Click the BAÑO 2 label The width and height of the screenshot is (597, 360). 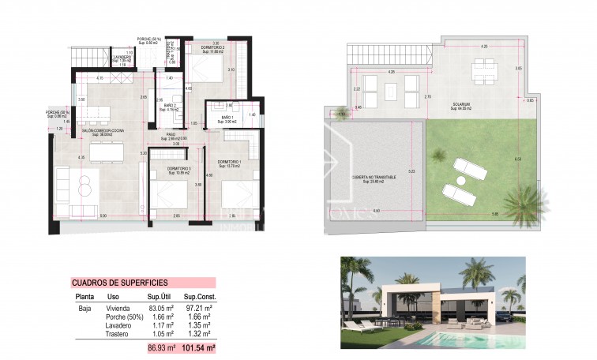tap(170, 105)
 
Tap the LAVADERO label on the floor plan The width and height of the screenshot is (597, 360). tap(122, 58)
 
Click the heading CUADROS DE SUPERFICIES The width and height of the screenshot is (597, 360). tap(119, 283)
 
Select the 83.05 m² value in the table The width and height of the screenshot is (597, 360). tap(161, 308)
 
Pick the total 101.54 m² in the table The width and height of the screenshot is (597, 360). tap(199, 347)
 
